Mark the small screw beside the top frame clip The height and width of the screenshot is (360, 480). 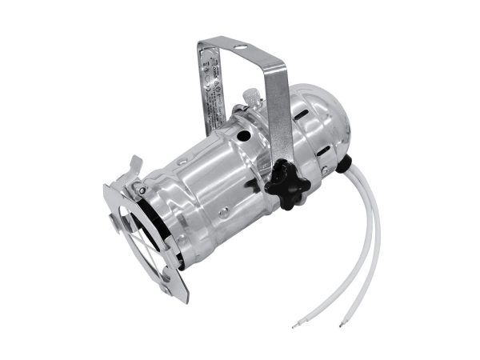[141, 190]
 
